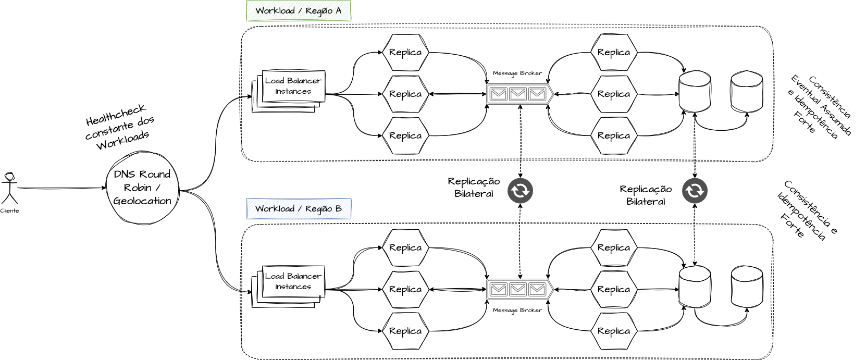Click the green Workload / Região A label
[299, 11]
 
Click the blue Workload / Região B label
[299, 209]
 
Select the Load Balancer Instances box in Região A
[293, 86]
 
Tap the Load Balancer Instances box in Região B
[293, 282]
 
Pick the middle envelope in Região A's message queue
[517, 94]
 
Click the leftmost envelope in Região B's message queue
[499, 289]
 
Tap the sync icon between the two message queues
[520, 191]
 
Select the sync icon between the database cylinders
[695, 191]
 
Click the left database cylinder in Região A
[694, 92]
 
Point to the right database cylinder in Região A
[747, 92]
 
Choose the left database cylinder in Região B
[695, 287]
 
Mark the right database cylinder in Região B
[747, 287]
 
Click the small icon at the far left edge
[9, 177]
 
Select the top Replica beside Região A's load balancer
[405, 52]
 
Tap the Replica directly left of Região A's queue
[405, 94]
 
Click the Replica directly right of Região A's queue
[614, 94]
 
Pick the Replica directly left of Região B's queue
[405, 289]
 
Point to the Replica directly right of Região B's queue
[614, 289]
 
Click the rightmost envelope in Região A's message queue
[537, 94]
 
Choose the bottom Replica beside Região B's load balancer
[405, 331]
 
